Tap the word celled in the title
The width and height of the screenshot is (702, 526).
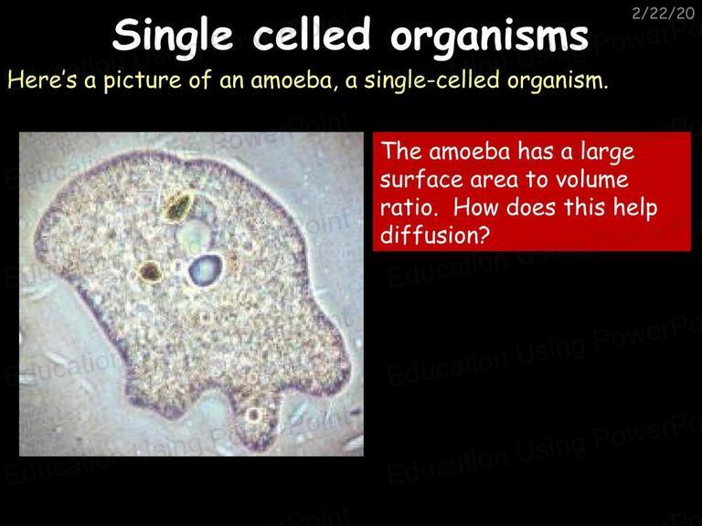312,34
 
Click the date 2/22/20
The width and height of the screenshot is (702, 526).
663,14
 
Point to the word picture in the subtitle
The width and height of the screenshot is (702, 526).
143,80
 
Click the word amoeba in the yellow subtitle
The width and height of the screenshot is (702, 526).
292,80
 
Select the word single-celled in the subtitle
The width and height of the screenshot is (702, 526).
431,80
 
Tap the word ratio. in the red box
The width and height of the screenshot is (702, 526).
409,207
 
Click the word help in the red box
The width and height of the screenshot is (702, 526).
634,208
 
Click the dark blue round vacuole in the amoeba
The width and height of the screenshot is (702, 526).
205,269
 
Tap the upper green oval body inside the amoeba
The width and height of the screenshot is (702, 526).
178,206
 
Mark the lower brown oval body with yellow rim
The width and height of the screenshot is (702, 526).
150,272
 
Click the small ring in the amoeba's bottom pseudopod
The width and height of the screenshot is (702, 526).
253,415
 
